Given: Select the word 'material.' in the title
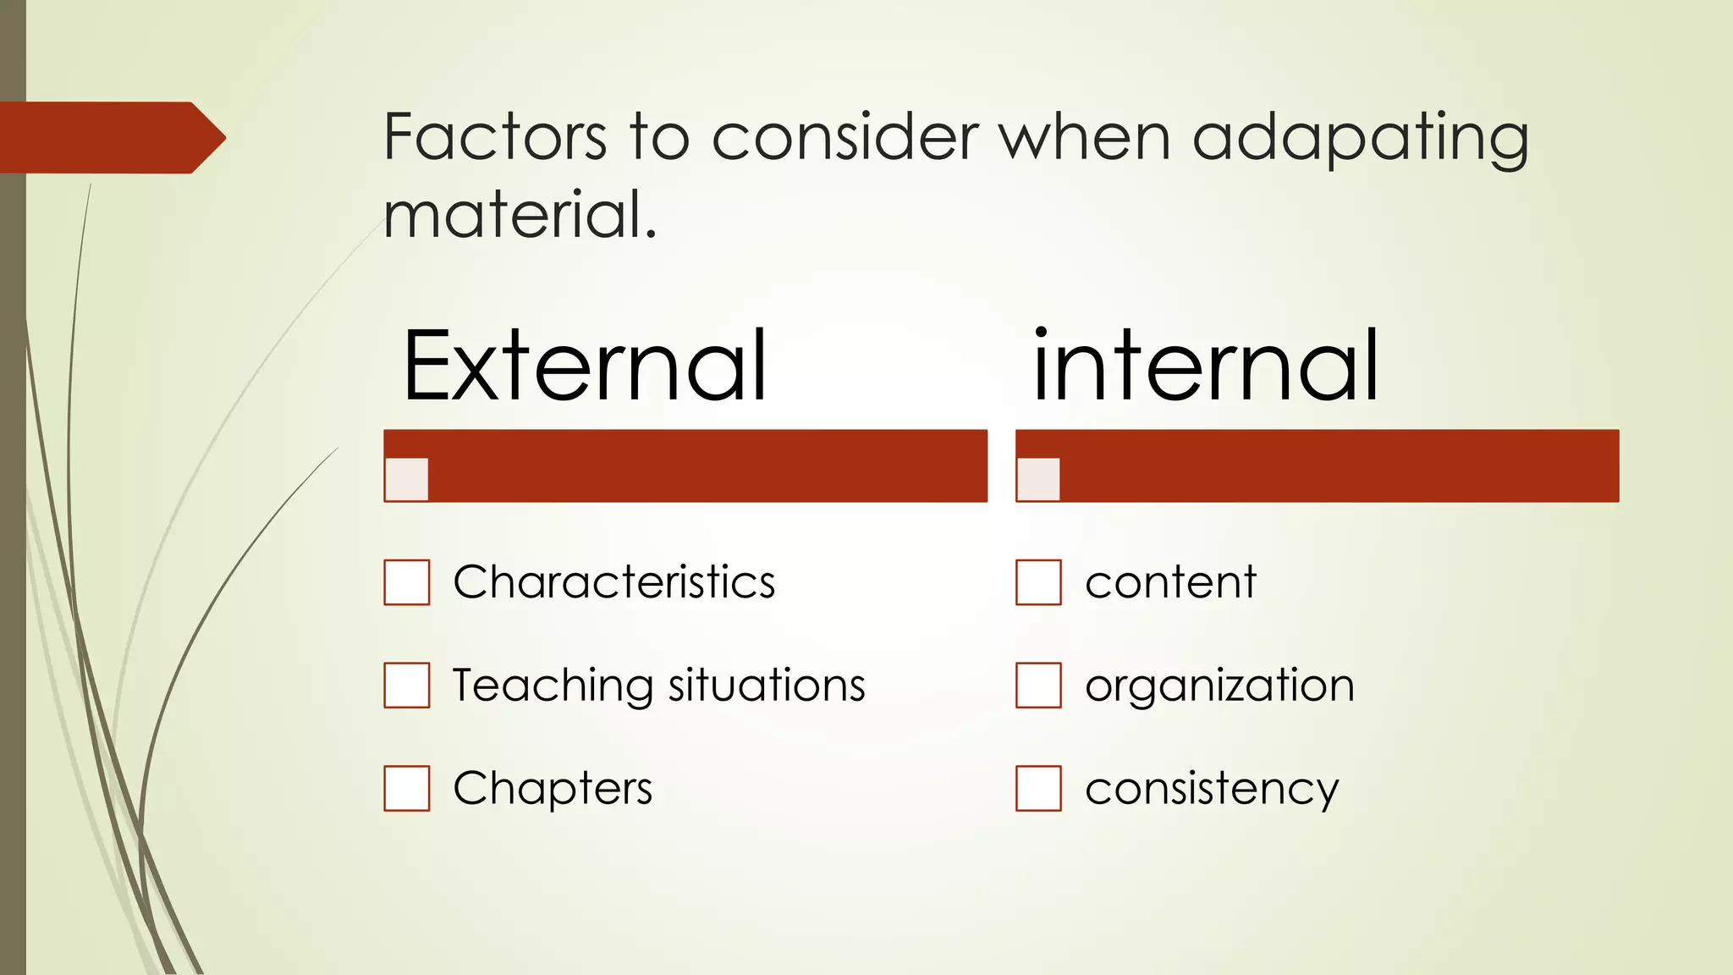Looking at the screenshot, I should click(x=520, y=215).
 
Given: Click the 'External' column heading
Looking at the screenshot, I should click(x=585, y=366).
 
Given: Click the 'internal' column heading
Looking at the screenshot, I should click(x=1206, y=366).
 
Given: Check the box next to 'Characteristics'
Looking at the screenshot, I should click(x=407, y=582).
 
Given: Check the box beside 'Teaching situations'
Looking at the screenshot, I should click(x=407, y=685).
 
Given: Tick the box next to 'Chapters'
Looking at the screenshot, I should click(x=407, y=788).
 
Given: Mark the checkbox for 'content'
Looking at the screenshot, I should click(x=1038, y=582).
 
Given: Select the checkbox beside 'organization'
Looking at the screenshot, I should click(x=1038, y=685).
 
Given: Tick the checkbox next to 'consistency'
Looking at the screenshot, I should click(x=1038, y=788).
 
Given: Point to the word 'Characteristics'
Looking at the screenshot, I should click(x=613, y=582).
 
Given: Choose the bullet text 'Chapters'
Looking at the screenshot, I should click(x=553, y=789).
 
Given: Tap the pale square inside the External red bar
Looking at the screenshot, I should click(x=407, y=479).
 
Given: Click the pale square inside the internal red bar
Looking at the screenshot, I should click(x=1038, y=479).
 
